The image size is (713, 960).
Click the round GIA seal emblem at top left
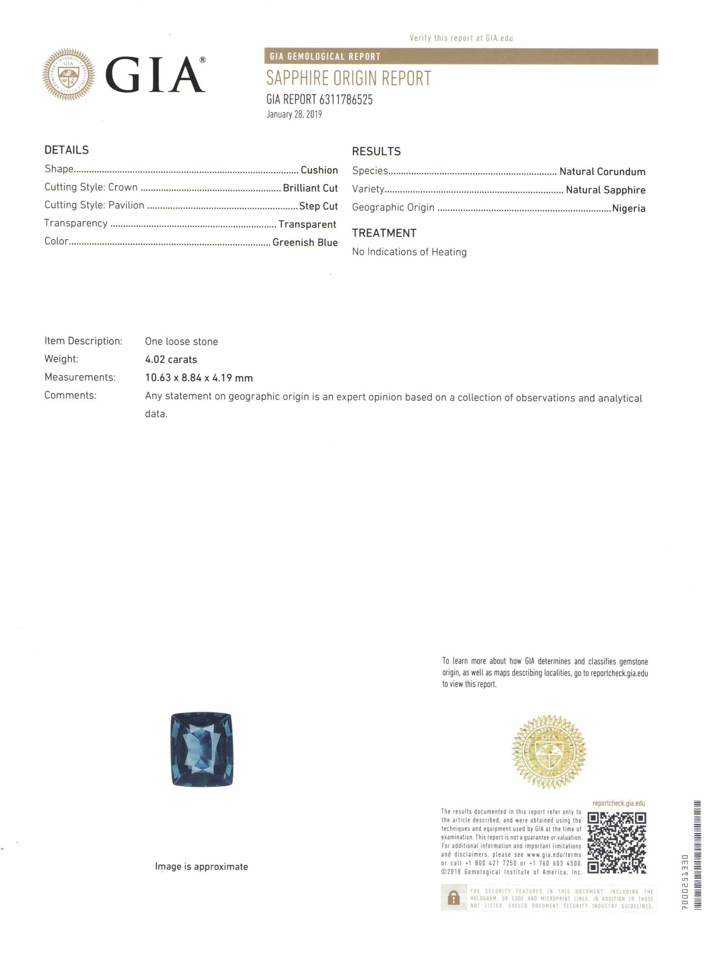[68, 74]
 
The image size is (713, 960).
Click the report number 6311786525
[346, 100]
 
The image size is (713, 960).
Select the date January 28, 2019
[294, 114]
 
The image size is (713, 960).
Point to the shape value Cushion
[319, 170]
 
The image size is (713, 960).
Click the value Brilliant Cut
[310, 188]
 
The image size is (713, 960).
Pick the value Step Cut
[318, 206]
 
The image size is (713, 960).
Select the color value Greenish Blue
[305, 243]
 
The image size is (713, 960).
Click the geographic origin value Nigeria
[628, 208]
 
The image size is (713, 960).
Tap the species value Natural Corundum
[602, 172]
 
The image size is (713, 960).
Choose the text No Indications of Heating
[409, 252]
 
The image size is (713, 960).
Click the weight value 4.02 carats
[171, 360]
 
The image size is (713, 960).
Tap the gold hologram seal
[549, 752]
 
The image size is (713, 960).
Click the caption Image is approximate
[201, 867]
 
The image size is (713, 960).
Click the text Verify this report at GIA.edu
[461, 38]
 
